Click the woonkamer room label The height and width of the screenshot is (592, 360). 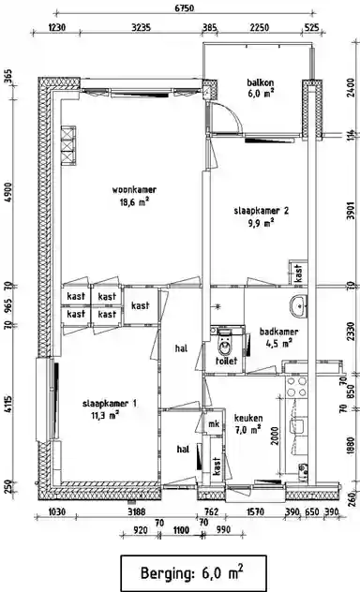(129, 190)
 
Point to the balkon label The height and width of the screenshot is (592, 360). (260, 81)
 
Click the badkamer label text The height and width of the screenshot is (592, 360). (272, 331)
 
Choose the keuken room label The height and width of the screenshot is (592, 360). (248, 418)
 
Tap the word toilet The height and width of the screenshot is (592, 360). (225, 360)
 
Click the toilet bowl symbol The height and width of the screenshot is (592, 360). (225, 338)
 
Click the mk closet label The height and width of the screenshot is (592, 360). (214, 424)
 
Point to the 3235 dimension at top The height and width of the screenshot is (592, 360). (142, 27)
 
